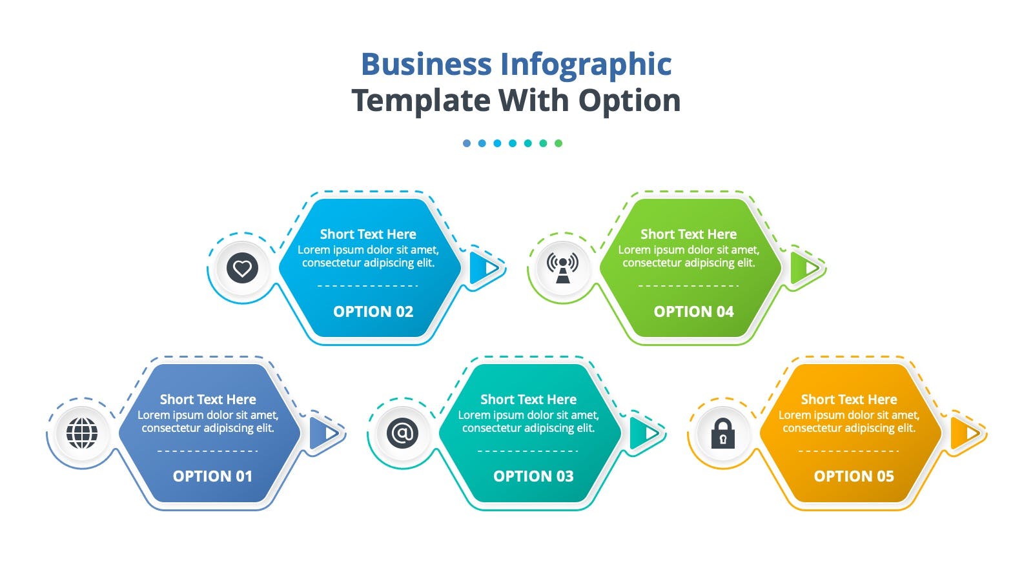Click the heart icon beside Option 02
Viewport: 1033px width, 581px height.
[x=242, y=268]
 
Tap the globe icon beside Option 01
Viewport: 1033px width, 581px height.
[x=82, y=433]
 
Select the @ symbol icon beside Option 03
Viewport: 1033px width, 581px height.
[x=402, y=433]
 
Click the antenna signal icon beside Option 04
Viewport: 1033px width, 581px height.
[x=562, y=268]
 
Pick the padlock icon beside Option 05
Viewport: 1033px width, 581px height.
[x=722, y=433]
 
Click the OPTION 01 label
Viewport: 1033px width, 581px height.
[x=212, y=476]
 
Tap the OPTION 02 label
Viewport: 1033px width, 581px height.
[x=373, y=312]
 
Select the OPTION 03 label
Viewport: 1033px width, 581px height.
[x=533, y=476]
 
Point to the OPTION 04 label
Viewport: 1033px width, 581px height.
[x=693, y=312]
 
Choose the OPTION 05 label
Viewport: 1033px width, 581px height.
[x=854, y=476]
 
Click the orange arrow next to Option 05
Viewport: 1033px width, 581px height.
[x=965, y=433]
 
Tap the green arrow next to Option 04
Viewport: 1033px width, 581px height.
[x=805, y=268]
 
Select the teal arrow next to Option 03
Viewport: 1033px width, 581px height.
[x=645, y=433]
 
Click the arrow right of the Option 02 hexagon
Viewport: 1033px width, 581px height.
[x=485, y=268]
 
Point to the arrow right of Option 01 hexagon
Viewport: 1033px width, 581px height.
[x=324, y=433]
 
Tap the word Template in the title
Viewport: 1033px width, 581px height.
[x=421, y=101]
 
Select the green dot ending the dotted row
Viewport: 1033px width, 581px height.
[x=558, y=143]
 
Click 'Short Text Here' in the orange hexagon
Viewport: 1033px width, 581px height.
[x=849, y=400]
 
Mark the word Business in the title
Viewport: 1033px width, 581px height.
[x=426, y=64]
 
